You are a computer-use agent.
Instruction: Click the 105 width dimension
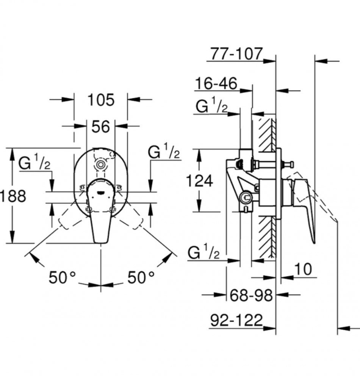pos(101,100)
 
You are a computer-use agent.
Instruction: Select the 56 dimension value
pos(100,127)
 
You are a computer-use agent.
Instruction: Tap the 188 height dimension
pos(13,196)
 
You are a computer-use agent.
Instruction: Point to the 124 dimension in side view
pos(199,180)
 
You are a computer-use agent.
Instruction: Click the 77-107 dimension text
pos(236,53)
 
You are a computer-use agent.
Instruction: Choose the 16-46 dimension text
pos(216,83)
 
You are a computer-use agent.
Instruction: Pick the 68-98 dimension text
pos(251,295)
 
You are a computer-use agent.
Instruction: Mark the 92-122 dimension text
pos(236,320)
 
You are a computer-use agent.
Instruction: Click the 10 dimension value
pos(303,269)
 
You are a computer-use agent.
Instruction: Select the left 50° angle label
pos(62,277)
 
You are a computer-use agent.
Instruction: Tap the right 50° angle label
pos(141,277)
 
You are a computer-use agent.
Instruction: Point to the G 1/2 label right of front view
pos(164,151)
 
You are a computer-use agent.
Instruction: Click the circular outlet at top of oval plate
pos(100,165)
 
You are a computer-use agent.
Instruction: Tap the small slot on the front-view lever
pos(100,193)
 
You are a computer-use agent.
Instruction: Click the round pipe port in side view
pos(246,198)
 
